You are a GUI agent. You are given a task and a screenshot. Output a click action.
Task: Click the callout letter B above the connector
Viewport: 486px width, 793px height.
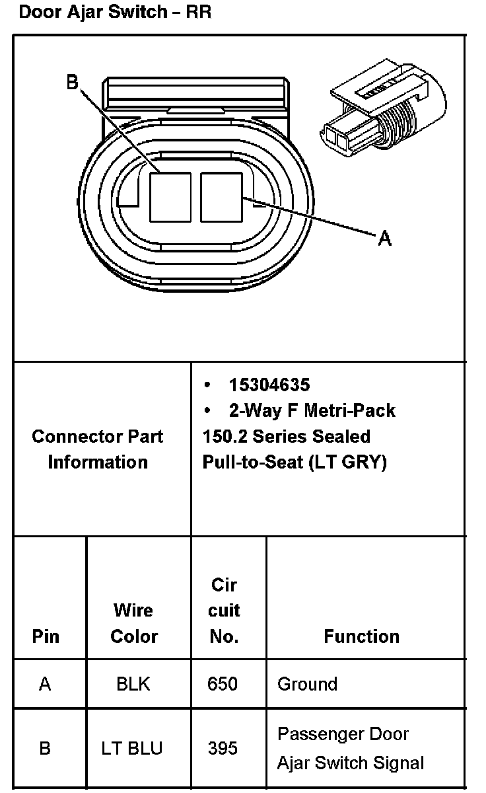[x=72, y=83]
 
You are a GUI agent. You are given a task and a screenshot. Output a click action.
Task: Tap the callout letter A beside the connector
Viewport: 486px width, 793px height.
[x=384, y=238]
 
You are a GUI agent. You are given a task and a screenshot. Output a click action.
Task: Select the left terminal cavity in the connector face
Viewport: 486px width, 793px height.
[x=170, y=196]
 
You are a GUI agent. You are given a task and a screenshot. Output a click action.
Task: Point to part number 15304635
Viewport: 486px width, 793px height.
[x=269, y=385]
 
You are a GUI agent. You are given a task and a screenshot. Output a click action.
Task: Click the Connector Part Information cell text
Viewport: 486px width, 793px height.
[x=98, y=449]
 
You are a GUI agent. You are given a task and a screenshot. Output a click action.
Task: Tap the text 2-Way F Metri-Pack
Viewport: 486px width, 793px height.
[x=312, y=410]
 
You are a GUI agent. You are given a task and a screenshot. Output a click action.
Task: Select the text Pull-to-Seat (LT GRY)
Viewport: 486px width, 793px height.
[x=294, y=462]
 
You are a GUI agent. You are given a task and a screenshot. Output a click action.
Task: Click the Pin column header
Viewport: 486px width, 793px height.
[x=46, y=636]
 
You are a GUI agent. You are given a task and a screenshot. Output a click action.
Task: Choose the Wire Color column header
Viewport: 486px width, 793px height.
[x=134, y=623]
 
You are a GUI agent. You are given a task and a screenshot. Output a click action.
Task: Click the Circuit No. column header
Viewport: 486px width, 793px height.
[x=224, y=611]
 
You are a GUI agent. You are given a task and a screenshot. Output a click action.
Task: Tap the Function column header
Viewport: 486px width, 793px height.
[x=361, y=636]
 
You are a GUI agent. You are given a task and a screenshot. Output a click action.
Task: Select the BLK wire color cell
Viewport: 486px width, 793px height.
[x=133, y=683]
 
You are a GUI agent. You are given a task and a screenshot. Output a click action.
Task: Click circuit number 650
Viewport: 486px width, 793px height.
[x=223, y=683]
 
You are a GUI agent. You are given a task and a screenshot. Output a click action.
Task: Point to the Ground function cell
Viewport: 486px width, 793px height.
[x=307, y=683]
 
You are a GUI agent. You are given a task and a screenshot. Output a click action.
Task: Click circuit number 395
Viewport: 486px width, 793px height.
[x=223, y=748]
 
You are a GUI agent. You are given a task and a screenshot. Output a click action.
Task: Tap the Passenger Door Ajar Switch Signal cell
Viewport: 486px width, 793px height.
[x=351, y=748]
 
